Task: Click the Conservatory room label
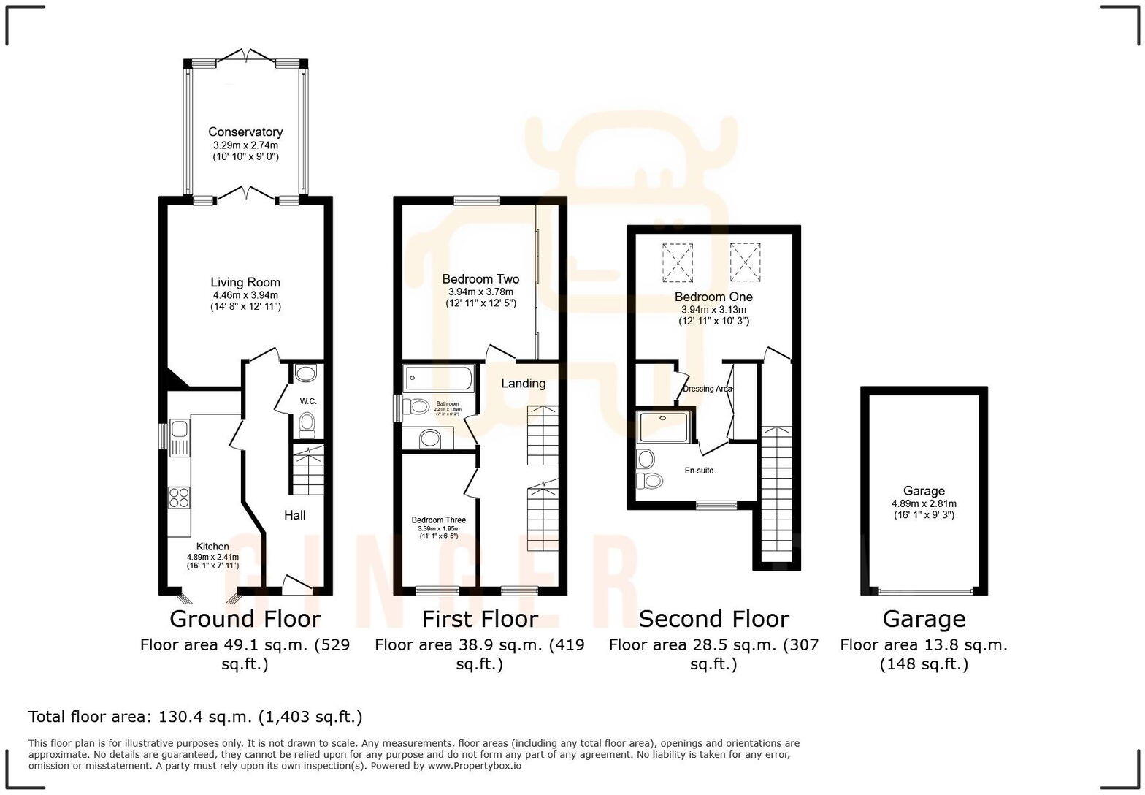(x=245, y=132)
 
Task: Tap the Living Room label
(x=245, y=282)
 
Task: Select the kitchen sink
(x=179, y=438)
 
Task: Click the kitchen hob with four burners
(x=179, y=497)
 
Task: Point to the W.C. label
(x=308, y=401)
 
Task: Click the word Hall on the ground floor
(x=294, y=515)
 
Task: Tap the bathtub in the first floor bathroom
(x=438, y=379)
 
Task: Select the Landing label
(x=523, y=383)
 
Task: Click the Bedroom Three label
(x=438, y=520)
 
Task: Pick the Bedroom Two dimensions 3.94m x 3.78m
(x=480, y=292)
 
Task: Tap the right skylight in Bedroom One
(x=745, y=262)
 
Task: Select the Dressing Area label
(x=707, y=389)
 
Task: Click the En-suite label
(x=699, y=471)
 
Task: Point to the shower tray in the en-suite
(x=664, y=427)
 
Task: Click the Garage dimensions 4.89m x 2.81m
(x=924, y=503)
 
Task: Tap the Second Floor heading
(x=713, y=619)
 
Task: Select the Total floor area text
(x=195, y=717)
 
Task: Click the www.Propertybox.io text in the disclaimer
(x=474, y=766)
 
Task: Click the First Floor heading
(x=480, y=619)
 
